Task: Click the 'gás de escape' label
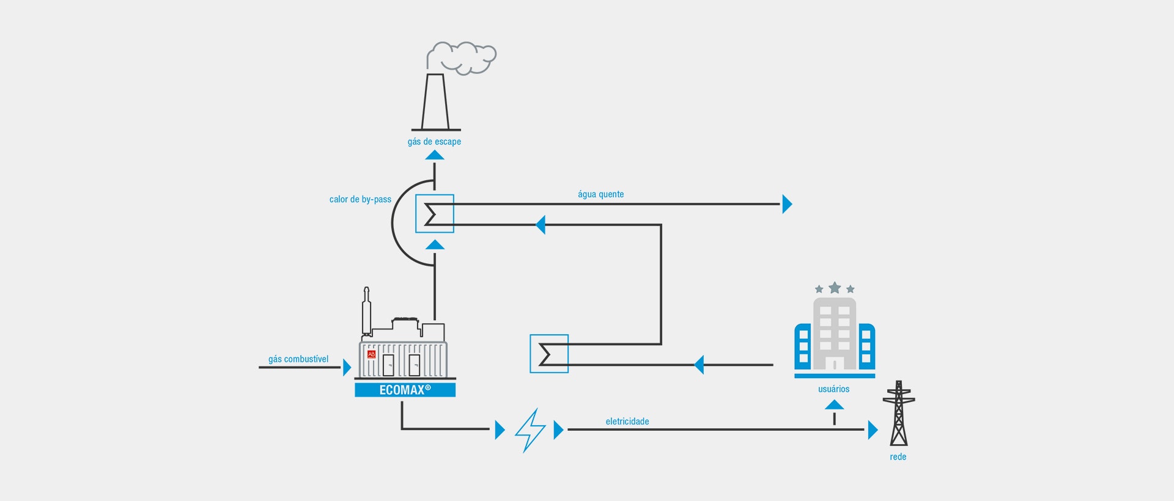click(434, 142)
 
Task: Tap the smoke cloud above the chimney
click(462, 57)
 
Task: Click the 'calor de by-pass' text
click(360, 199)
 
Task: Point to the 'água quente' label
click(601, 194)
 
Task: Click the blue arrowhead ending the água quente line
click(788, 204)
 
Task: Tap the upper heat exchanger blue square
click(435, 213)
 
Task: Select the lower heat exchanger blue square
click(549, 354)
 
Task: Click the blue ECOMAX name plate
click(405, 390)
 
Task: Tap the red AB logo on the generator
click(371, 354)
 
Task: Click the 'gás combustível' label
click(298, 359)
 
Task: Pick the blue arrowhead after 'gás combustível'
click(347, 367)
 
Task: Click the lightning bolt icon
click(530, 430)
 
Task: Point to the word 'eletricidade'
click(627, 422)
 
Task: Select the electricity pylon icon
click(899, 413)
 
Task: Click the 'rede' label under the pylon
click(898, 457)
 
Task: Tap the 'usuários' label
click(834, 389)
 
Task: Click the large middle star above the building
click(835, 287)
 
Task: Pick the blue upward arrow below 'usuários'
click(834, 404)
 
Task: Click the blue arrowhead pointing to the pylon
click(873, 430)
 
